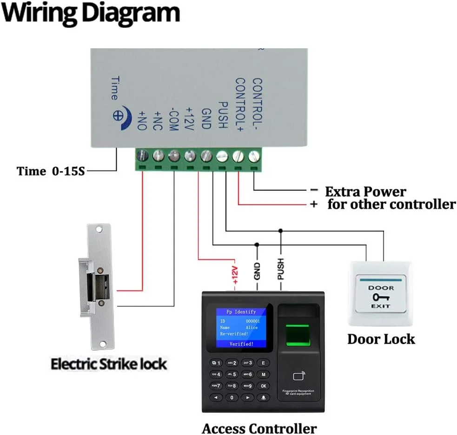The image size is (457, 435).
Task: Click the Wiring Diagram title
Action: pyautogui.click(x=91, y=13)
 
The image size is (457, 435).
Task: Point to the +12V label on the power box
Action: pyautogui.click(x=189, y=118)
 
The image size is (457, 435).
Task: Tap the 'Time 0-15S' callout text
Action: pyautogui.click(x=51, y=171)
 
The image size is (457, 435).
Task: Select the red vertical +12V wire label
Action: pyautogui.click(x=235, y=275)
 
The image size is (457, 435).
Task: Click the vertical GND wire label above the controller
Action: pyautogui.click(x=257, y=271)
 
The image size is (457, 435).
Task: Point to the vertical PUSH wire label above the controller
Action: pyautogui.click(x=280, y=269)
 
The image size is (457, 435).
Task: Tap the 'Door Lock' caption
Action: pyautogui.click(x=381, y=339)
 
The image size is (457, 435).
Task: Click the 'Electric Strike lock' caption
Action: pyautogui.click(x=108, y=364)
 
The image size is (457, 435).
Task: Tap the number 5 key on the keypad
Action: pyautogui.click(x=232, y=374)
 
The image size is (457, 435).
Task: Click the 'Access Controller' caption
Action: pyautogui.click(x=259, y=428)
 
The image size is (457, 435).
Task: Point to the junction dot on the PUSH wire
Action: pyautogui.click(x=280, y=230)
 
